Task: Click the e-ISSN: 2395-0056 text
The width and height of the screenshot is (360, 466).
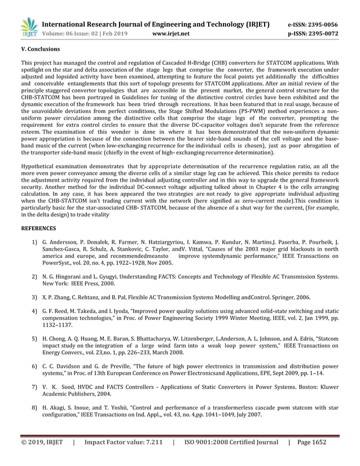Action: click(313, 25)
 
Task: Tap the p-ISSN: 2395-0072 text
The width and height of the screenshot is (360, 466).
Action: click(313, 34)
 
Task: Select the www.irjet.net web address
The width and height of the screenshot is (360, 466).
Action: click(171, 34)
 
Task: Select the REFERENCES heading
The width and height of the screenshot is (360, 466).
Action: click(38, 228)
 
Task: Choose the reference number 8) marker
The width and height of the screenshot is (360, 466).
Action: click(35, 408)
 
